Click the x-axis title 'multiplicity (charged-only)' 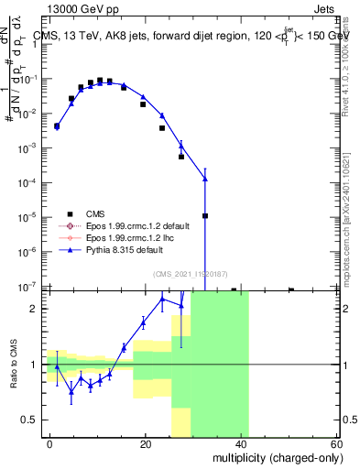pos(274,455)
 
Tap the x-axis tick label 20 pos(146,443)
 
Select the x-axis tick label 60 pos(337,443)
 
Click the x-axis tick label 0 pos(50,443)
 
